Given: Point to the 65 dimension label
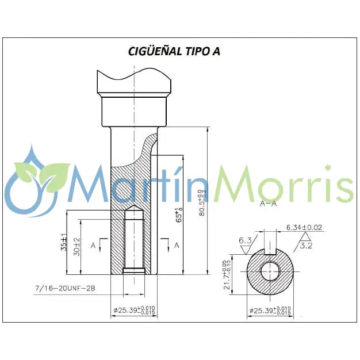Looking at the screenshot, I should point(179,215).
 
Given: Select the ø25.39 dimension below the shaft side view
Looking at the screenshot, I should point(134,311).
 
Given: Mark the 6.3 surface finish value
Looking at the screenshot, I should point(246,240).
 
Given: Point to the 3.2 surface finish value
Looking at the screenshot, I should point(307,246).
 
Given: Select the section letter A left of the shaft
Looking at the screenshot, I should point(93,244).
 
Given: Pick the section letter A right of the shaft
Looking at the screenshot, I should point(176,244).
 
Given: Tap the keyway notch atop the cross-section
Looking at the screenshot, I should point(269,252).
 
